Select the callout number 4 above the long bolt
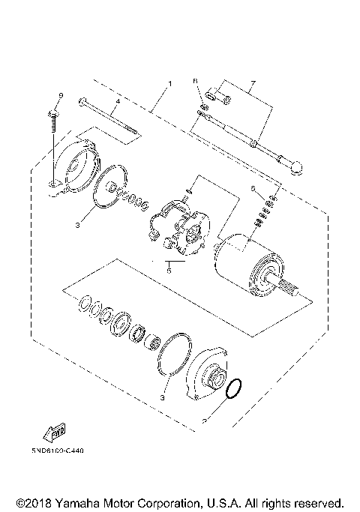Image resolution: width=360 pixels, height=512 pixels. point(117,100)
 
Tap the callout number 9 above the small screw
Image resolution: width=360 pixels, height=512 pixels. point(61,94)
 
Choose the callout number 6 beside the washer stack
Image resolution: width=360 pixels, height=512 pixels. point(253,187)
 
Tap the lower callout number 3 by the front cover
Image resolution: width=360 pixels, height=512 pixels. point(162,397)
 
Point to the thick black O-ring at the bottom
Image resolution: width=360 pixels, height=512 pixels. point(233,388)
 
